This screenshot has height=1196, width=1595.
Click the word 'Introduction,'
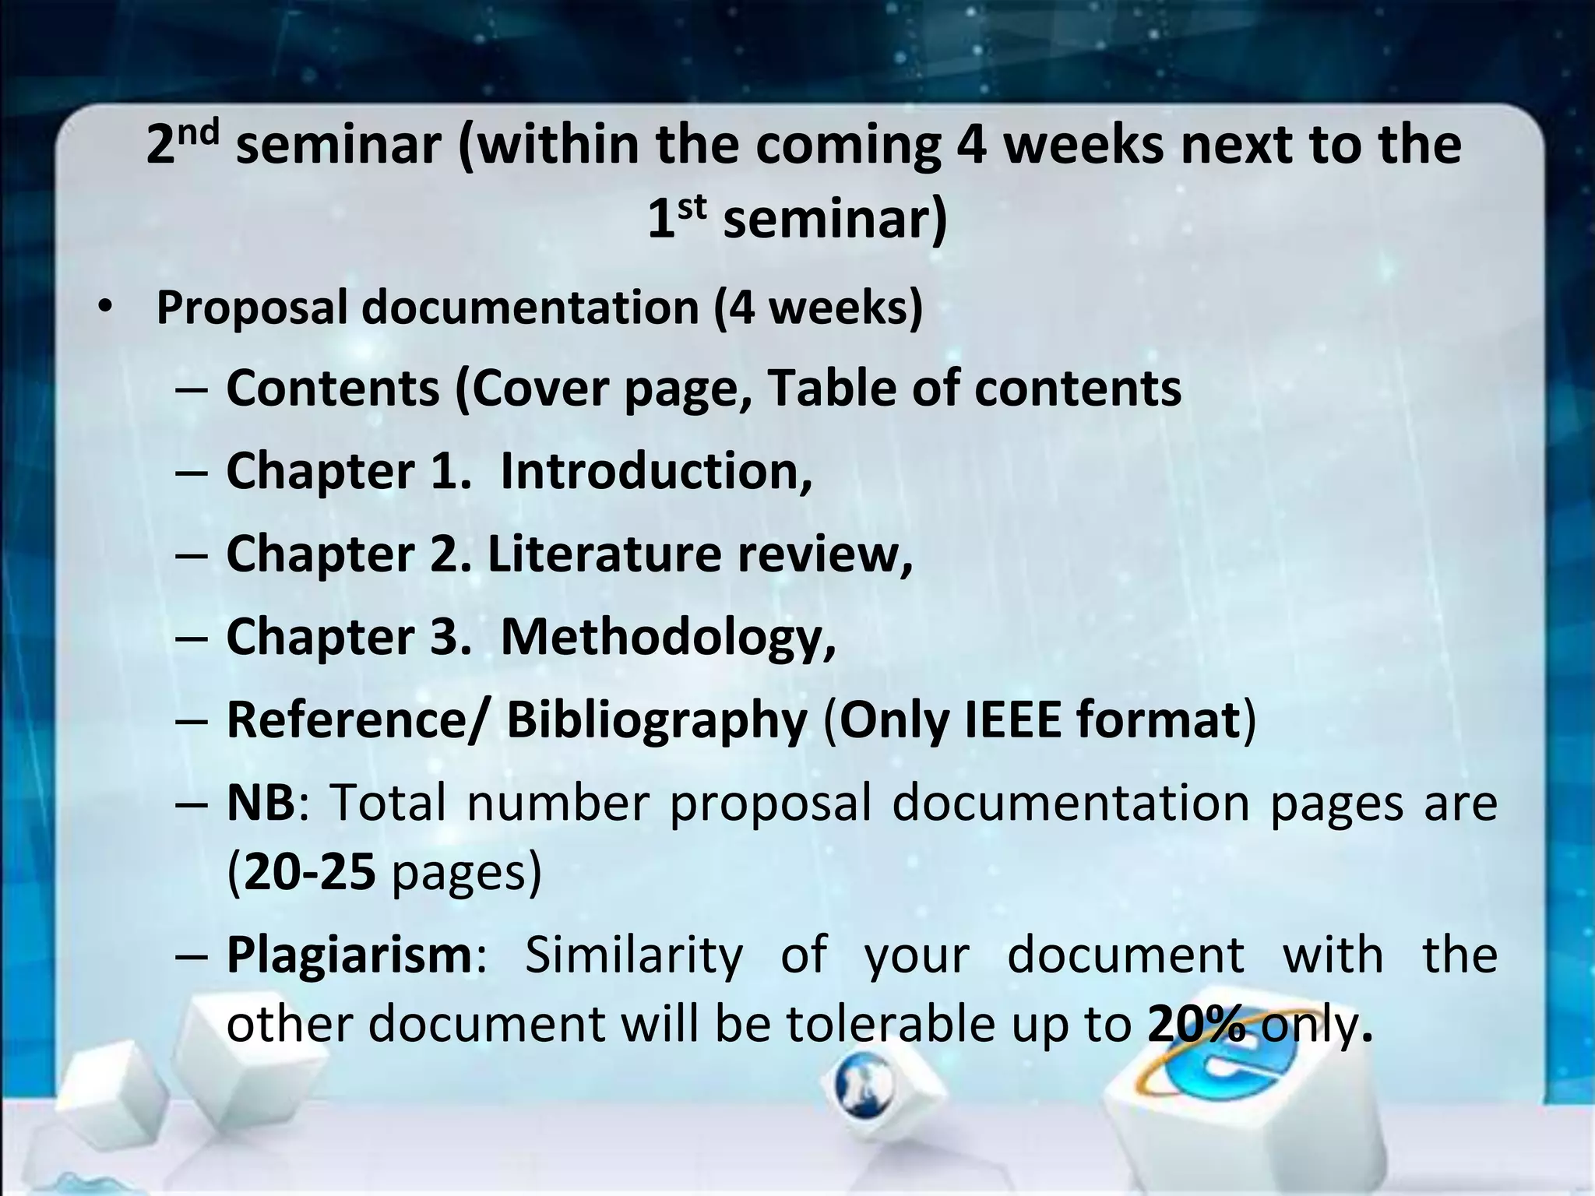pyautogui.click(x=657, y=471)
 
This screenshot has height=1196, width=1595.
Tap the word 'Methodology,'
pyautogui.click(x=668, y=637)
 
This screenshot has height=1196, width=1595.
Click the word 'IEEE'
pyautogui.click(x=1012, y=719)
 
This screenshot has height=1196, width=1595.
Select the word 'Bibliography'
pyautogui.click(x=657, y=721)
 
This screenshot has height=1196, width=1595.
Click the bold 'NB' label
pyautogui.click(x=261, y=803)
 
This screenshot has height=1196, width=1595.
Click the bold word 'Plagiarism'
pyautogui.click(x=349, y=955)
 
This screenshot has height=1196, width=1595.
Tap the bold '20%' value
pyautogui.click(x=1196, y=1025)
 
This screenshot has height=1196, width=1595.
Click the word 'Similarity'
pyautogui.click(x=633, y=955)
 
